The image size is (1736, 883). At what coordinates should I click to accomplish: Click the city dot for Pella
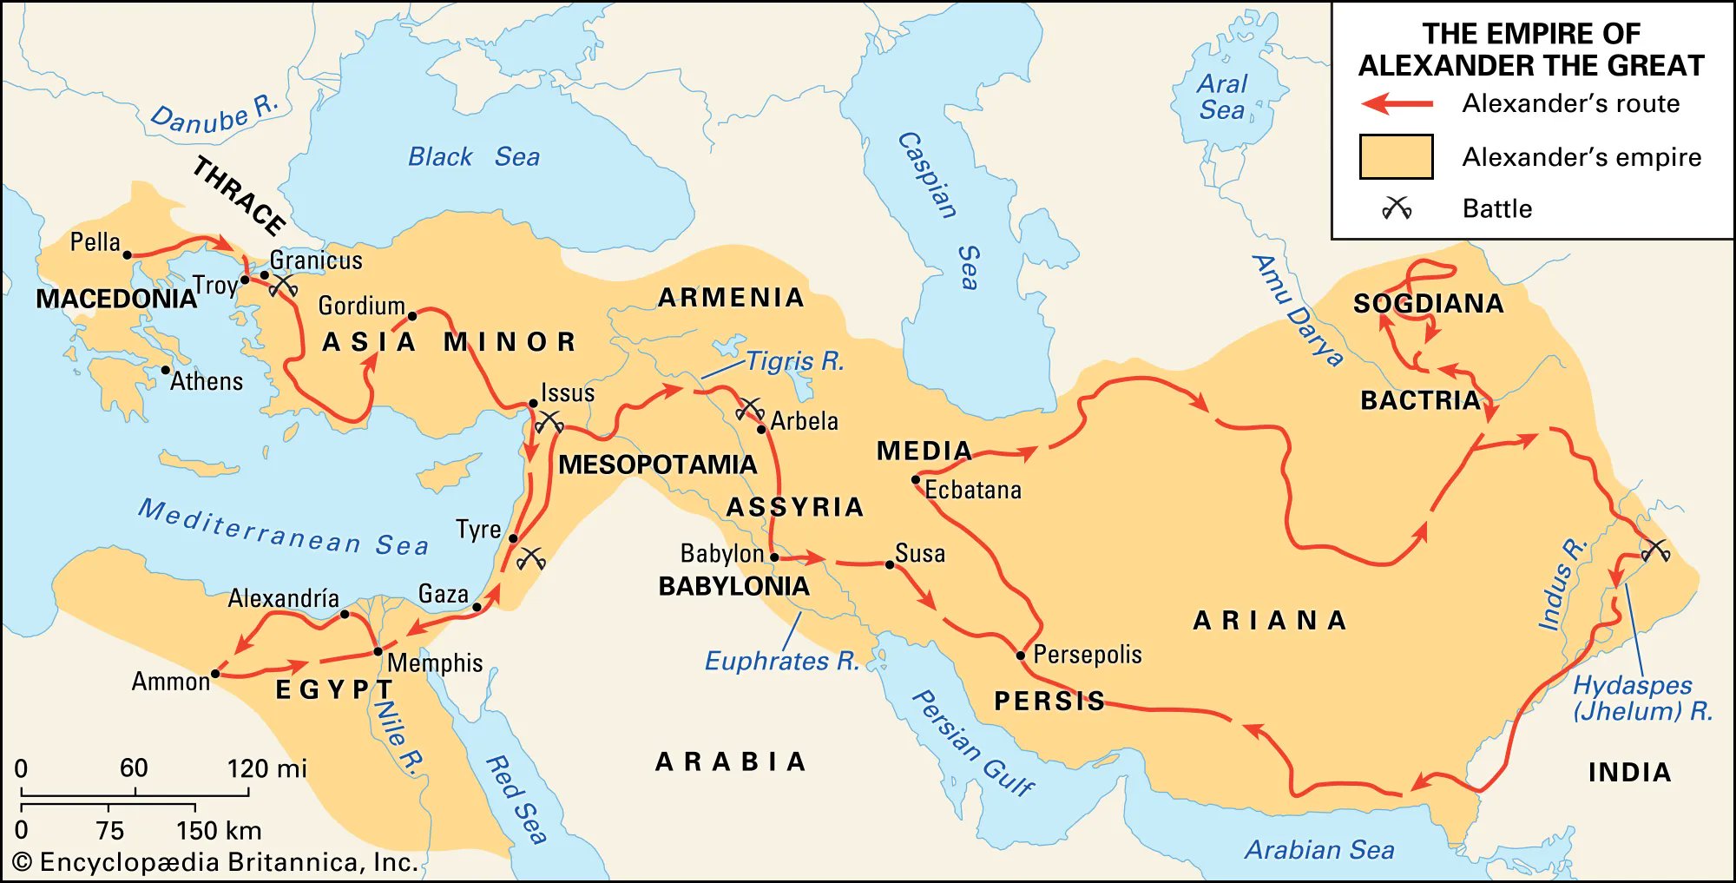[x=127, y=255]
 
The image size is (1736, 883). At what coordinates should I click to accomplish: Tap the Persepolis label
[x=1087, y=655]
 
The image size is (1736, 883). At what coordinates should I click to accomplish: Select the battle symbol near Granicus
[x=283, y=286]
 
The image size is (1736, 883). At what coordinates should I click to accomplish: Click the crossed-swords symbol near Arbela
[x=749, y=408]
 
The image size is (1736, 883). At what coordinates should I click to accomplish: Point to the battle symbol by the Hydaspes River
[x=1655, y=550]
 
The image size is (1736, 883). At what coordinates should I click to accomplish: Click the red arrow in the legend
[x=1397, y=104]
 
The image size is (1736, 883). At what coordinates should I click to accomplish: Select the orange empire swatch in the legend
[x=1396, y=157]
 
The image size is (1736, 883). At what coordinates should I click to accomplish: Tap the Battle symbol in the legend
[x=1397, y=208]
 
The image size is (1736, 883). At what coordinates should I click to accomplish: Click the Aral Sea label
[x=1222, y=97]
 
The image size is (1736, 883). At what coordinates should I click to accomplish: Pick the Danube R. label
[x=214, y=115]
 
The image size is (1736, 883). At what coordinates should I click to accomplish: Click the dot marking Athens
[x=166, y=370]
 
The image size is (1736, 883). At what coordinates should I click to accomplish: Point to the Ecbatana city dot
[x=915, y=479]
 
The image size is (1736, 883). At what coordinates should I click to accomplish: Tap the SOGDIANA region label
[x=1428, y=304]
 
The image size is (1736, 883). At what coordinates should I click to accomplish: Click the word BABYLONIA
[x=733, y=587]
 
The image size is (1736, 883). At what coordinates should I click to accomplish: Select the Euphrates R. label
[x=781, y=662]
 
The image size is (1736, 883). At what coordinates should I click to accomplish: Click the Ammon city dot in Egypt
[x=215, y=673]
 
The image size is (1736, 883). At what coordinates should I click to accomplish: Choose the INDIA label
[x=1629, y=772]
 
